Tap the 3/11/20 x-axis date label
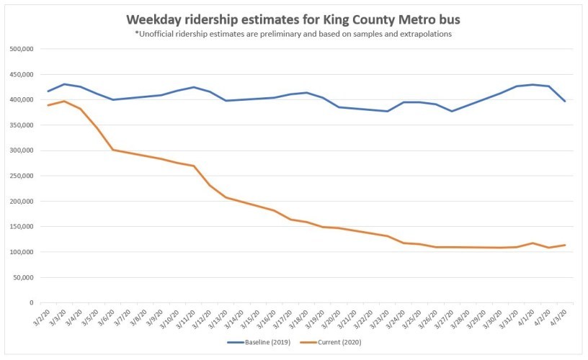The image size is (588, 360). [187, 319]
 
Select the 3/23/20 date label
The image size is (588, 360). [380, 319]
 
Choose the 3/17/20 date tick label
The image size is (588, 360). [284, 319]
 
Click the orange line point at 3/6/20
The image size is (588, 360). [113, 150]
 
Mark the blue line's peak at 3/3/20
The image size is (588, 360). [65, 84]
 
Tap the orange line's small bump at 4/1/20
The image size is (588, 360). [533, 243]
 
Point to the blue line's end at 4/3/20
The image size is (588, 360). [565, 102]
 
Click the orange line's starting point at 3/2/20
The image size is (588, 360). [48, 105]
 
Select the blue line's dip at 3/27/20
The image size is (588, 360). [452, 111]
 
